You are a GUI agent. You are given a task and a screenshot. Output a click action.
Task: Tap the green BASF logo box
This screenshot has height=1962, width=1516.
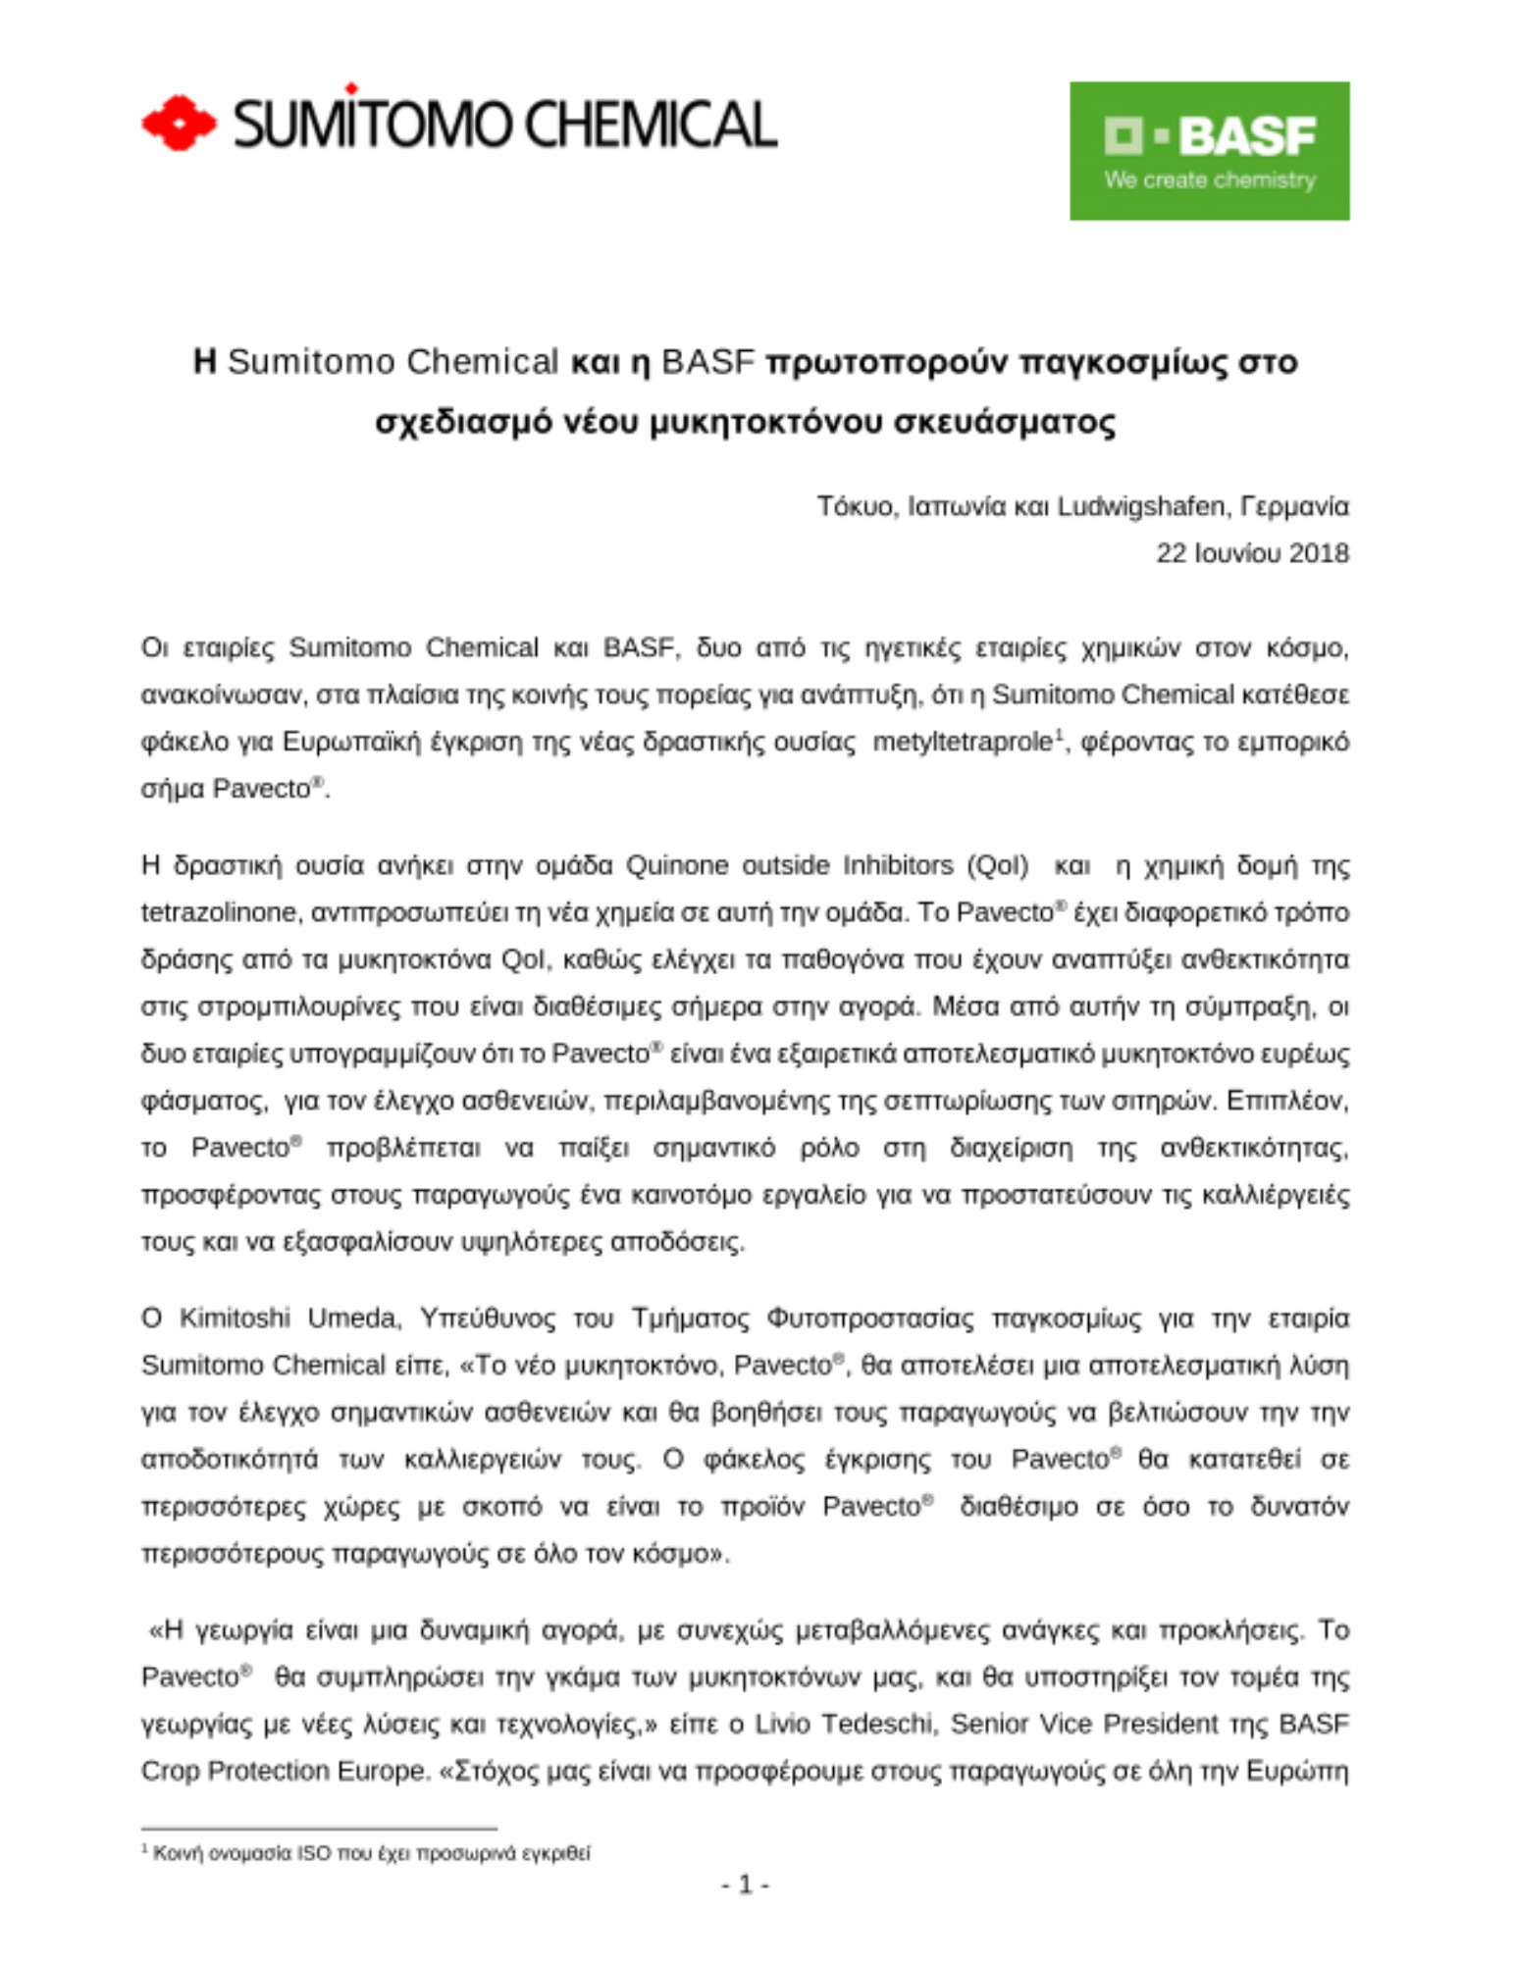pyautogui.click(x=1209, y=150)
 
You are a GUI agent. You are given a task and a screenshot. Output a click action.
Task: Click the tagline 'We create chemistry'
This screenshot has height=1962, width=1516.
pyautogui.click(x=1209, y=181)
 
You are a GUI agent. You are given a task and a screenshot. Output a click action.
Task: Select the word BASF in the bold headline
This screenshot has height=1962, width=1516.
pyautogui.click(x=707, y=362)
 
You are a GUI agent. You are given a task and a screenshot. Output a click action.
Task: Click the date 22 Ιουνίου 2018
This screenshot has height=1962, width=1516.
pyautogui.click(x=1252, y=553)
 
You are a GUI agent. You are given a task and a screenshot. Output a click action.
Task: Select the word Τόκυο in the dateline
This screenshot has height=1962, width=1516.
pyautogui.click(x=856, y=506)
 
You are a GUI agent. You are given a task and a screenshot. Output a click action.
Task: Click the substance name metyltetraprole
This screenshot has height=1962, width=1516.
pyautogui.click(x=962, y=743)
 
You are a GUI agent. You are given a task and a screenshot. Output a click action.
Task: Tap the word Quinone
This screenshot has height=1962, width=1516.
pyautogui.click(x=677, y=866)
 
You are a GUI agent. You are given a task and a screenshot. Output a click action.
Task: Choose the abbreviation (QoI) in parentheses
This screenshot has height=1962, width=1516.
pyautogui.click(x=998, y=866)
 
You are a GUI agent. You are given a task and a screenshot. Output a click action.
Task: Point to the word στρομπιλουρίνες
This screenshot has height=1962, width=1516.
pyautogui.click(x=299, y=1007)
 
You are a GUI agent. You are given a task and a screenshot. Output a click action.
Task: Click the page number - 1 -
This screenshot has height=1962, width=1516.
pyautogui.click(x=745, y=1885)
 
